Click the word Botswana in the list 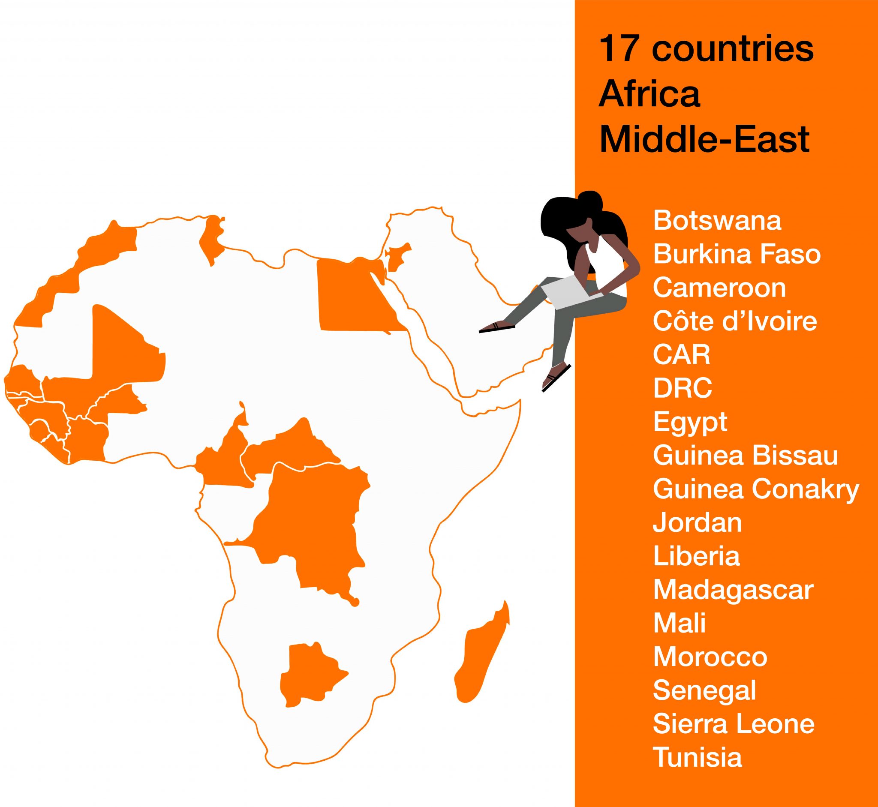[x=717, y=221]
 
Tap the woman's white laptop [x=568, y=291]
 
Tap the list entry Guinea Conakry [x=756, y=489]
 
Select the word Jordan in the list [x=697, y=522]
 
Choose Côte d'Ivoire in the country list [x=735, y=321]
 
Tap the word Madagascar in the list [x=733, y=590]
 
